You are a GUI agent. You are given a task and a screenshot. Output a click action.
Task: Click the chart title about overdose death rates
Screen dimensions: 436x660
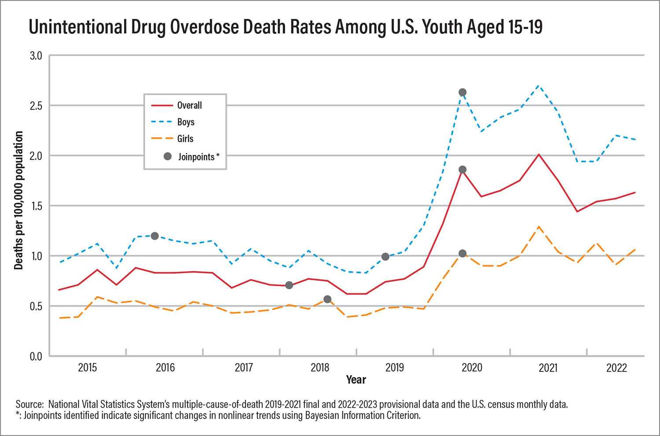pos(286,27)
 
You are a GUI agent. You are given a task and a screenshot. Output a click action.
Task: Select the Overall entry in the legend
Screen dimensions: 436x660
pos(189,105)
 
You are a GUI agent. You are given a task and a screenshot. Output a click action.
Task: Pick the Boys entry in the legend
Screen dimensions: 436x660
pos(186,122)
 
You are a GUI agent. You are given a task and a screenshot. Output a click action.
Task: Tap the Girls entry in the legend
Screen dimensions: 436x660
pos(185,139)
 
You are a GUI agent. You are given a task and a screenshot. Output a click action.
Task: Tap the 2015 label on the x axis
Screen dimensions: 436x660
pos(88,367)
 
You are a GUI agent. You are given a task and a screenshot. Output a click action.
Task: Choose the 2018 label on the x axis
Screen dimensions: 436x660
pos(320,367)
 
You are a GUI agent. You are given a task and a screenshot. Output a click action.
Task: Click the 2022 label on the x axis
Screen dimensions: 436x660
pos(616,367)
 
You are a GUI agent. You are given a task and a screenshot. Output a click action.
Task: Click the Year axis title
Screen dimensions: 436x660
pos(356,380)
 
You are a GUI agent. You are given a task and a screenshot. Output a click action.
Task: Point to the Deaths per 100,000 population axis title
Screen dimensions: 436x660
pos(18,200)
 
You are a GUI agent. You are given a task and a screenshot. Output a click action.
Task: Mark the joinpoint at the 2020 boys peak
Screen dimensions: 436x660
pos(462,92)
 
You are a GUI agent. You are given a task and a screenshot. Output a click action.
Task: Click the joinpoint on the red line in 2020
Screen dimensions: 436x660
pos(462,170)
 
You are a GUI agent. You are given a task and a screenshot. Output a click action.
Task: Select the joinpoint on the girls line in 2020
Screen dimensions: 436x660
pos(462,254)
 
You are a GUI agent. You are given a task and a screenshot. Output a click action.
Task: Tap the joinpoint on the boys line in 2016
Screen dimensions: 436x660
pos(154,236)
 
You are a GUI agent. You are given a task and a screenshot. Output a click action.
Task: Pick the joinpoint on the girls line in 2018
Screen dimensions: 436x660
pos(327,299)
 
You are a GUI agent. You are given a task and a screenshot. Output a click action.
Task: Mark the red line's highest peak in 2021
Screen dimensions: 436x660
pos(539,155)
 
